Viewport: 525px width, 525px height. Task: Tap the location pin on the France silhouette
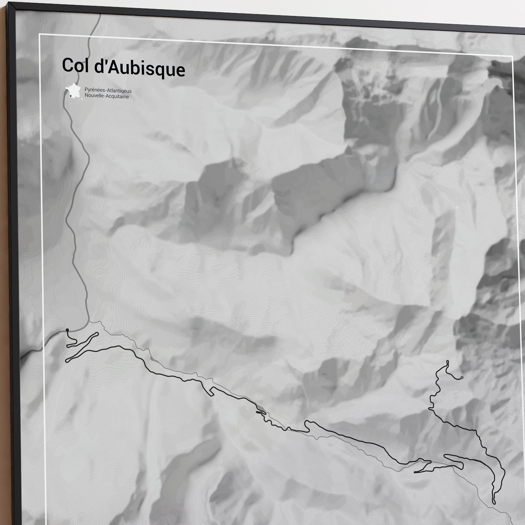tap(71, 96)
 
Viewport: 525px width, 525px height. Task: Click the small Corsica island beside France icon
tap(82, 99)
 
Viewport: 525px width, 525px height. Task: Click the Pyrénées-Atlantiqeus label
tap(108, 90)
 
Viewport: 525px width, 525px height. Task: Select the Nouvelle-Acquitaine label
tap(107, 96)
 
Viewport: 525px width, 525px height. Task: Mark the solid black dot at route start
tap(67, 330)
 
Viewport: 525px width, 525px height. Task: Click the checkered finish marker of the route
tap(462, 377)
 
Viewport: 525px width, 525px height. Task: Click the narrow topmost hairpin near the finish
tap(447, 362)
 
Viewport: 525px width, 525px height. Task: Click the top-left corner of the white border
tap(39, 34)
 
